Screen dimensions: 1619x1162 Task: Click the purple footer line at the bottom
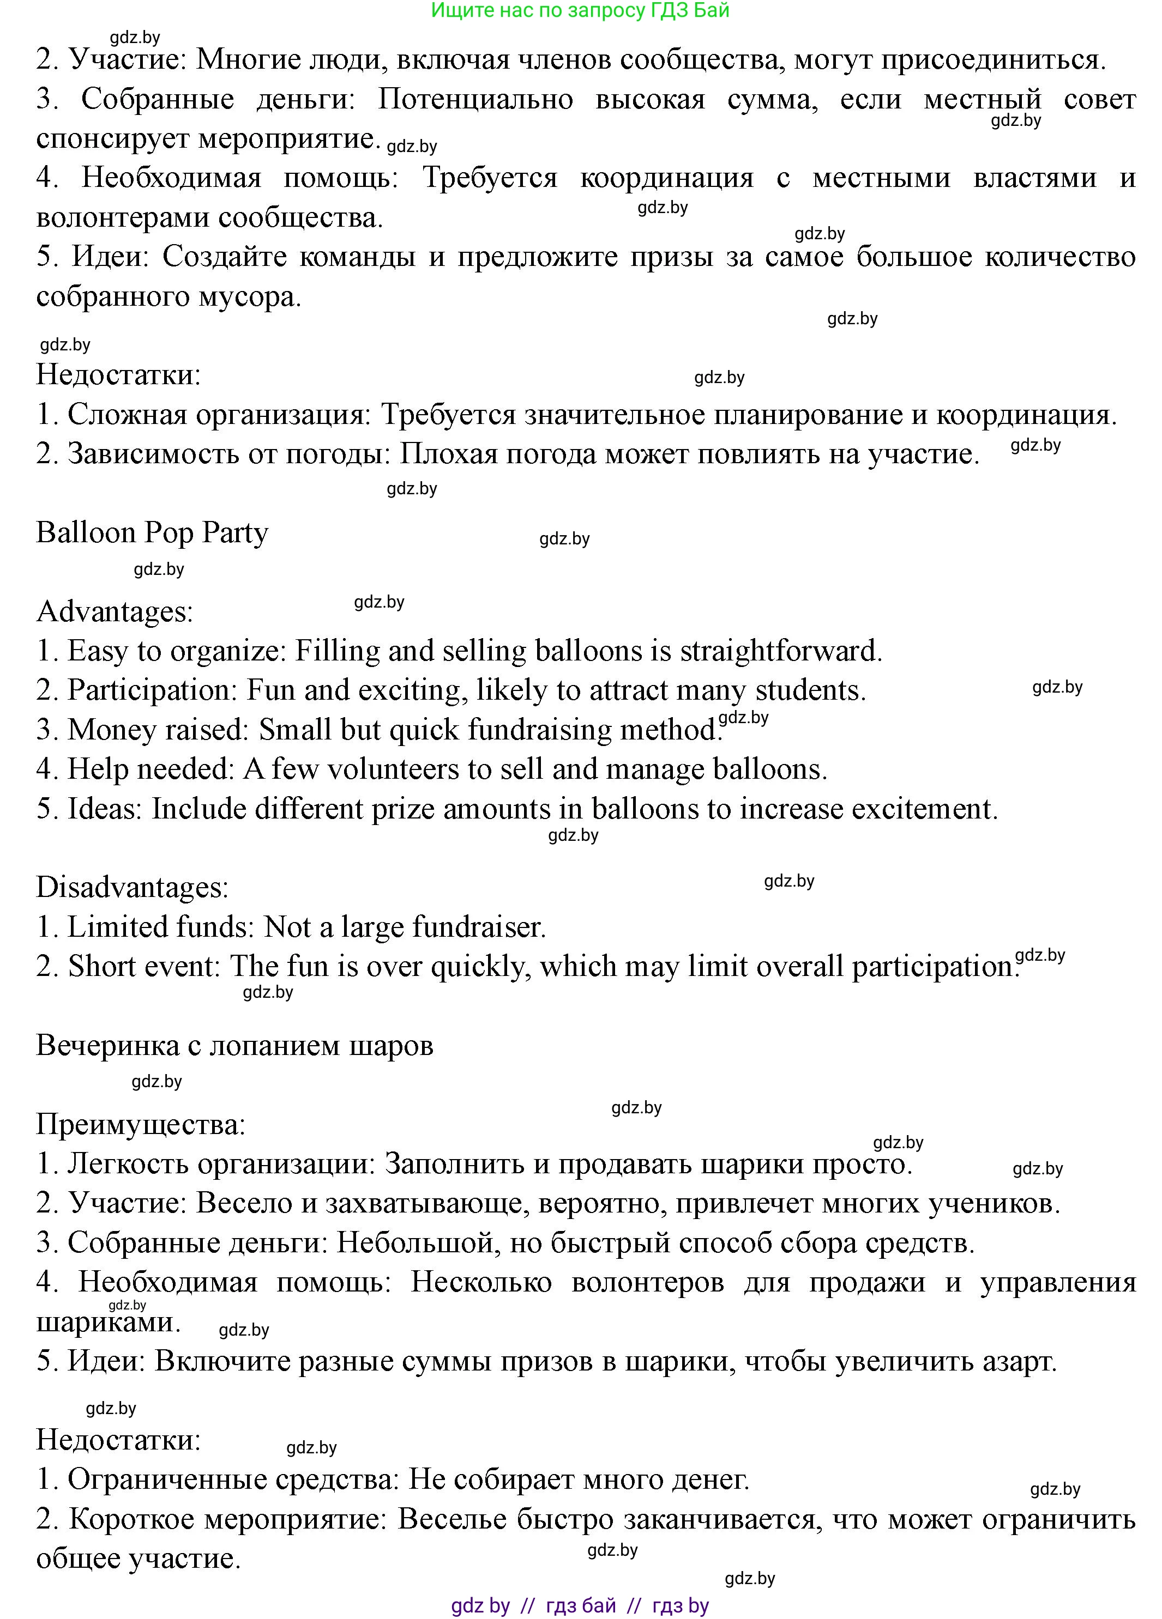click(580, 1605)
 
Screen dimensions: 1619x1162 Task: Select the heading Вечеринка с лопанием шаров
click(234, 1046)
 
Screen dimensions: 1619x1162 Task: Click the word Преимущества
click(140, 1125)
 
